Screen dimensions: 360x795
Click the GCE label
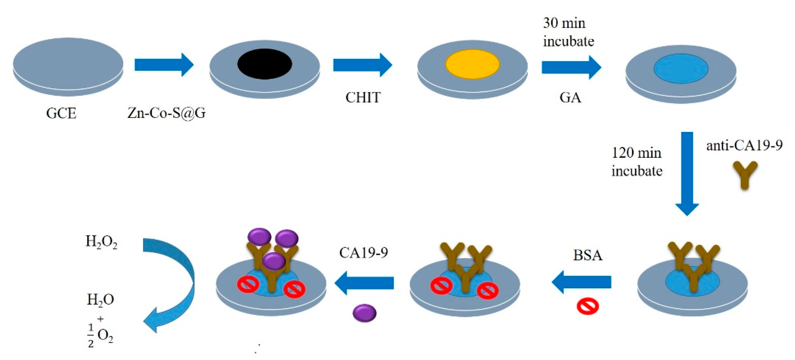pyautogui.click(x=61, y=113)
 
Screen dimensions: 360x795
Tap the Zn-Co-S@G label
pyautogui.click(x=166, y=113)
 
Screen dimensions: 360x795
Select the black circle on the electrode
pyautogui.click(x=264, y=64)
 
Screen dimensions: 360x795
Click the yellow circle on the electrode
pyautogui.click(x=472, y=64)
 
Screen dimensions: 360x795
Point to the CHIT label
pyautogui.click(x=363, y=98)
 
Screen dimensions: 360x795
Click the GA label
pyautogui.click(x=570, y=98)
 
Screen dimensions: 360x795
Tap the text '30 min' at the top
pyautogui.click(x=564, y=23)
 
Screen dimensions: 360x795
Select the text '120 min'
pyautogui.click(x=636, y=153)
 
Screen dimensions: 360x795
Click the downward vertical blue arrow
pyautogui.click(x=687, y=173)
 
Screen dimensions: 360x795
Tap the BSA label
pyautogui.click(x=588, y=255)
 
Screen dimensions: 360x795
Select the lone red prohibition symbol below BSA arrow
pyautogui.click(x=588, y=306)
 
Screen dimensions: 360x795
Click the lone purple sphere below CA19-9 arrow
pyautogui.click(x=365, y=313)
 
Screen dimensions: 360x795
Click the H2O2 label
pyautogui.click(x=101, y=242)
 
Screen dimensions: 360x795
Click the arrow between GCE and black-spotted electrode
pyautogui.click(x=164, y=65)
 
